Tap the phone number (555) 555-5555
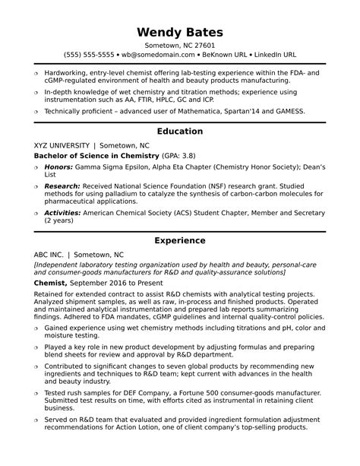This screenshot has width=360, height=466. click(x=90, y=55)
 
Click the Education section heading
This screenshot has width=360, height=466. click(x=180, y=131)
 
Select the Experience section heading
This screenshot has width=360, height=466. click(x=180, y=240)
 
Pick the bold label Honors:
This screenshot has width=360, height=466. click(x=58, y=166)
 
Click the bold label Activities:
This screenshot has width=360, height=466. click(x=64, y=214)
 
